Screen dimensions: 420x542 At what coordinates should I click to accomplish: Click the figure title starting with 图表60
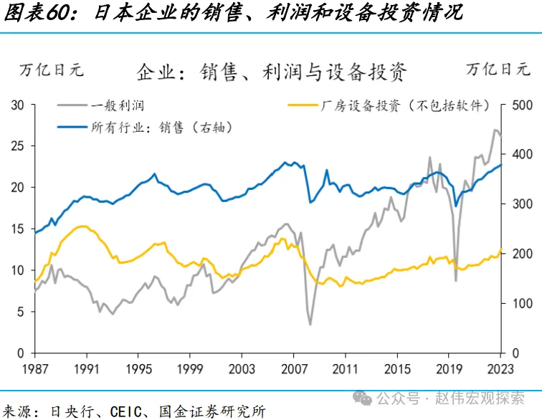coord(233,14)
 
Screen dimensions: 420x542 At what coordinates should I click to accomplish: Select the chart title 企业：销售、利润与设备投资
coord(272,72)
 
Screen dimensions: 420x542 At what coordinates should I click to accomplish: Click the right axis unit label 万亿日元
coord(498,70)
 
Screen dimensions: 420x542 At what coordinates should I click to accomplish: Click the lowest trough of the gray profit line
coord(310,325)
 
